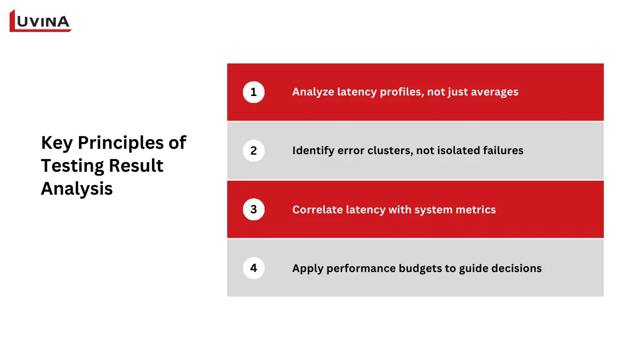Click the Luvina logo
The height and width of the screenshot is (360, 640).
tap(41, 21)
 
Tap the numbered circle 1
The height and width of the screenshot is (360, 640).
tap(253, 92)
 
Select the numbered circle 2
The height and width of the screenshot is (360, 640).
tap(253, 151)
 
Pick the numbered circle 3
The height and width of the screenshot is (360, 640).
tap(253, 210)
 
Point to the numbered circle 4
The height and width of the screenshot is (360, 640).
tap(253, 268)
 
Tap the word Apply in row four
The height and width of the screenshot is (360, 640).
tap(306, 268)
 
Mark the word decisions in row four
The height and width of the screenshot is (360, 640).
tap(516, 268)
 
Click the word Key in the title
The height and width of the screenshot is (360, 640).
tap(57, 143)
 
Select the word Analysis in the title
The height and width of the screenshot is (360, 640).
tap(77, 189)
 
